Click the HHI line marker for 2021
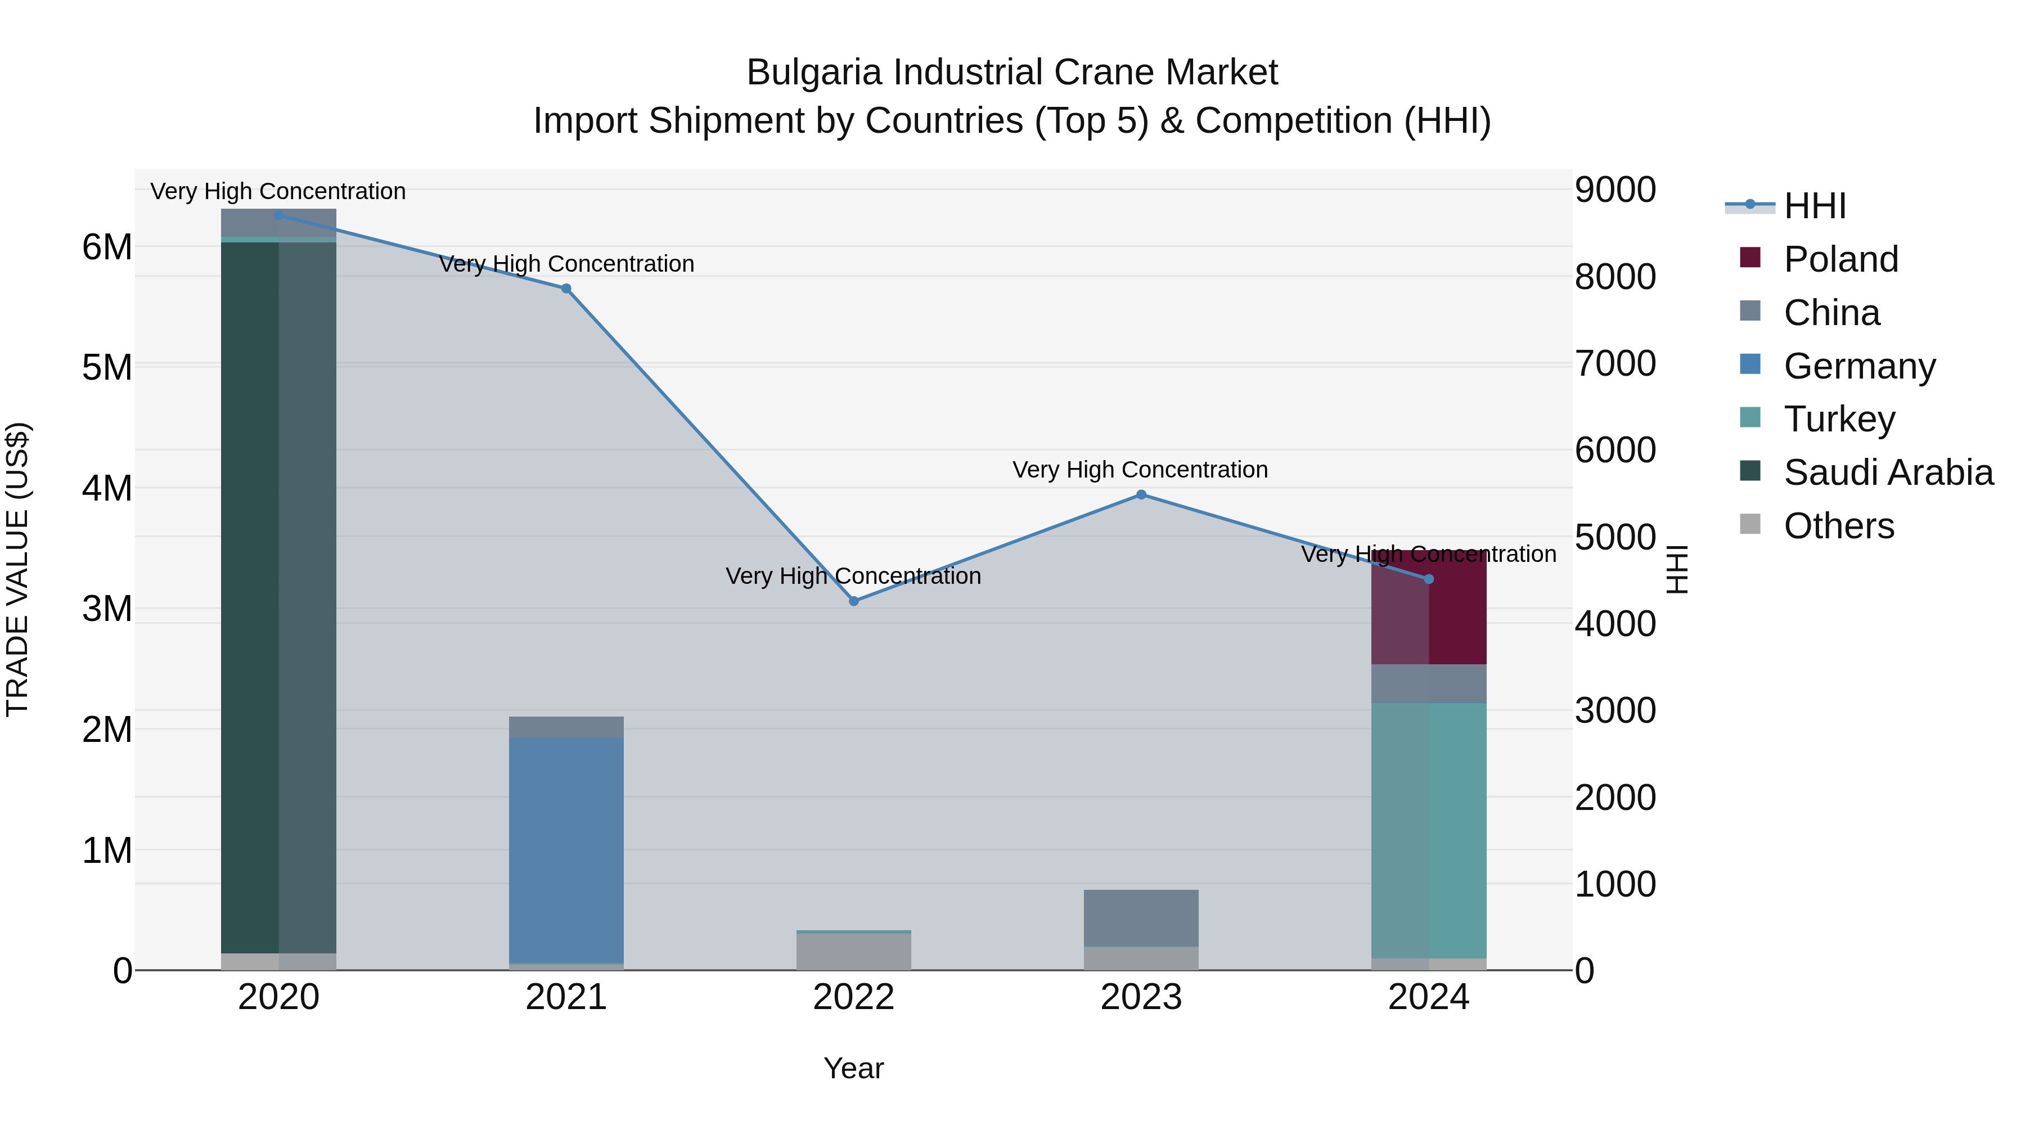pyautogui.click(x=566, y=289)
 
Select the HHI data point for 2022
pyautogui.click(x=854, y=601)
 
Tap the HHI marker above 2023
pyautogui.click(x=1141, y=494)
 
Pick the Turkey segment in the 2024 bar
pyautogui.click(x=1429, y=829)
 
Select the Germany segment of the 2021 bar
pyautogui.click(x=566, y=849)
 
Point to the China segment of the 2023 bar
pyautogui.click(x=1141, y=917)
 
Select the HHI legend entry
pyautogui.click(x=1814, y=206)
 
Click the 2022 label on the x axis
pyautogui.click(x=854, y=997)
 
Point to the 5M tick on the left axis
pyautogui.click(x=107, y=367)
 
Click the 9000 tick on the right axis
pyautogui.click(x=1615, y=190)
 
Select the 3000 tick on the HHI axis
pyautogui.click(x=1615, y=710)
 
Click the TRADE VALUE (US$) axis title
pyautogui.click(x=17, y=569)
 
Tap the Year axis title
pyautogui.click(x=854, y=1068)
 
